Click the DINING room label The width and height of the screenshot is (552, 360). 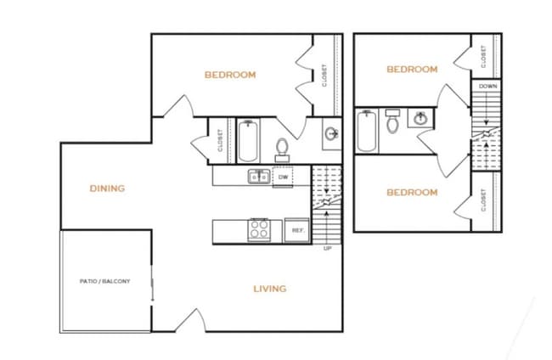108,188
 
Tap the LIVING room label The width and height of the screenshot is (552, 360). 270,289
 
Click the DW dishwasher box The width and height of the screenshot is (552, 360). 283,177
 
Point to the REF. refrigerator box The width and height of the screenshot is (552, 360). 298,230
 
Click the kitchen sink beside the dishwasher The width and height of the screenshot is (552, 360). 257,177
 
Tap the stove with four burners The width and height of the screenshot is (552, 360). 259,230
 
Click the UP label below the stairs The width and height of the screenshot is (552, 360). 327,249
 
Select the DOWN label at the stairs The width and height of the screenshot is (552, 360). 488,87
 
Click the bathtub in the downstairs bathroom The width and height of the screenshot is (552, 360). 247,142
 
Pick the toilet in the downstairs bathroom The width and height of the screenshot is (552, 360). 283,148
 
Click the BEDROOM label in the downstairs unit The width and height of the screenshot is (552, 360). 230,75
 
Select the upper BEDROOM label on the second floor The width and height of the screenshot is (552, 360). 412,70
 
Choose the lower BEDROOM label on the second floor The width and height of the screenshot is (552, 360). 412,193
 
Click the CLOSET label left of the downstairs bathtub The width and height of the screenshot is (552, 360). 220,140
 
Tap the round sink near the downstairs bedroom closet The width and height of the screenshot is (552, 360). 331,134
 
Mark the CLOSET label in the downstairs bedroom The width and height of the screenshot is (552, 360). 325,76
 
